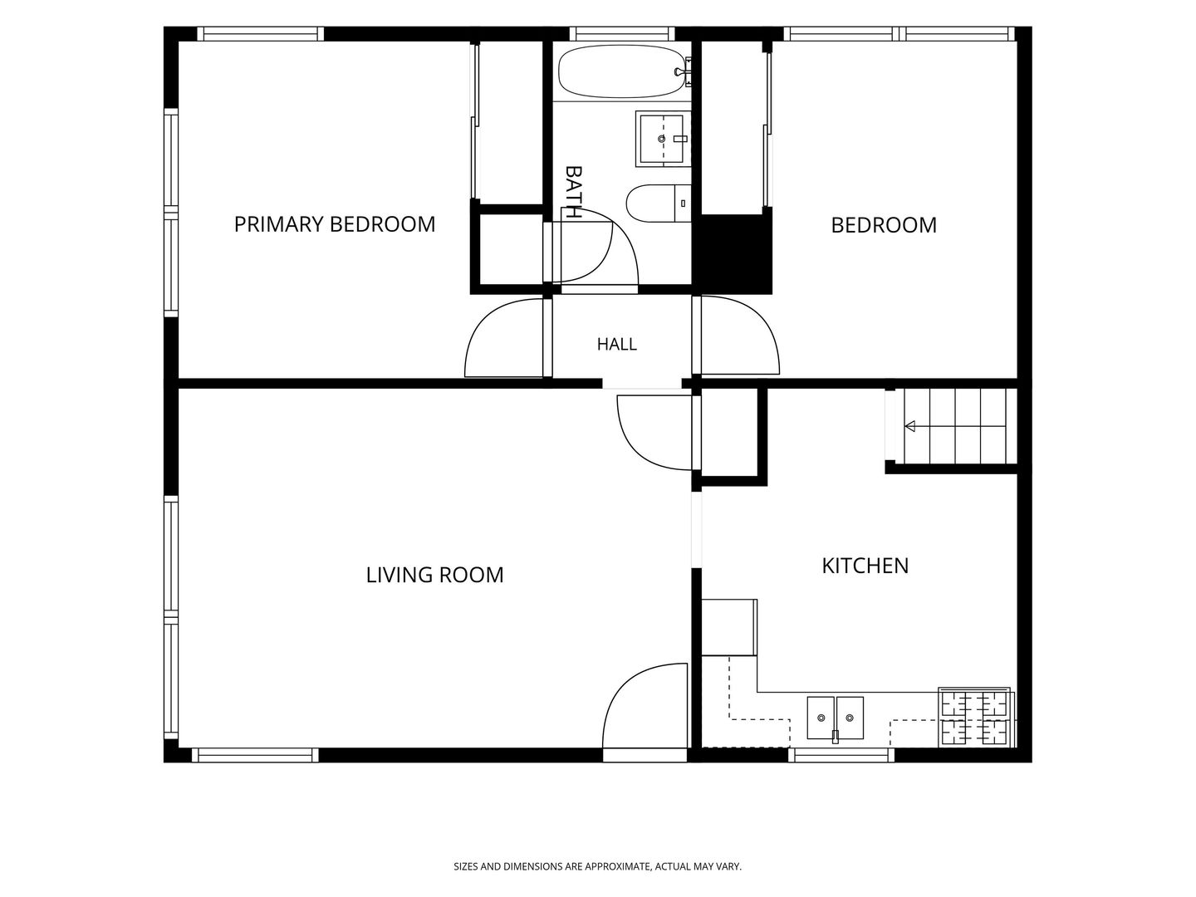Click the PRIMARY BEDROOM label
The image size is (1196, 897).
(334, 224)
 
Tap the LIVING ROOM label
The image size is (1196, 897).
(434, 575)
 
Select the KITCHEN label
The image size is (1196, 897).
(865, 566)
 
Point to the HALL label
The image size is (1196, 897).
(616, 344)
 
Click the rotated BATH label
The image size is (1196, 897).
(573, 192)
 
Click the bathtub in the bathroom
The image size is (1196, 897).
(622, 71)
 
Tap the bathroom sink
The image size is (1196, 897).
(662, 139)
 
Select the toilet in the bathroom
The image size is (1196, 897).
(658, 203)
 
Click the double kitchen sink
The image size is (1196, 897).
(835, 718)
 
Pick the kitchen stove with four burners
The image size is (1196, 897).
(975, 718)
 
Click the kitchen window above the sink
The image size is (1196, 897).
(841, 755)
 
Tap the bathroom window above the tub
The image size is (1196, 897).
(622, 34)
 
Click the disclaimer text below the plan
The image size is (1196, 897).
(598, 866)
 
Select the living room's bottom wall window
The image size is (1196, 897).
(255, 755)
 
